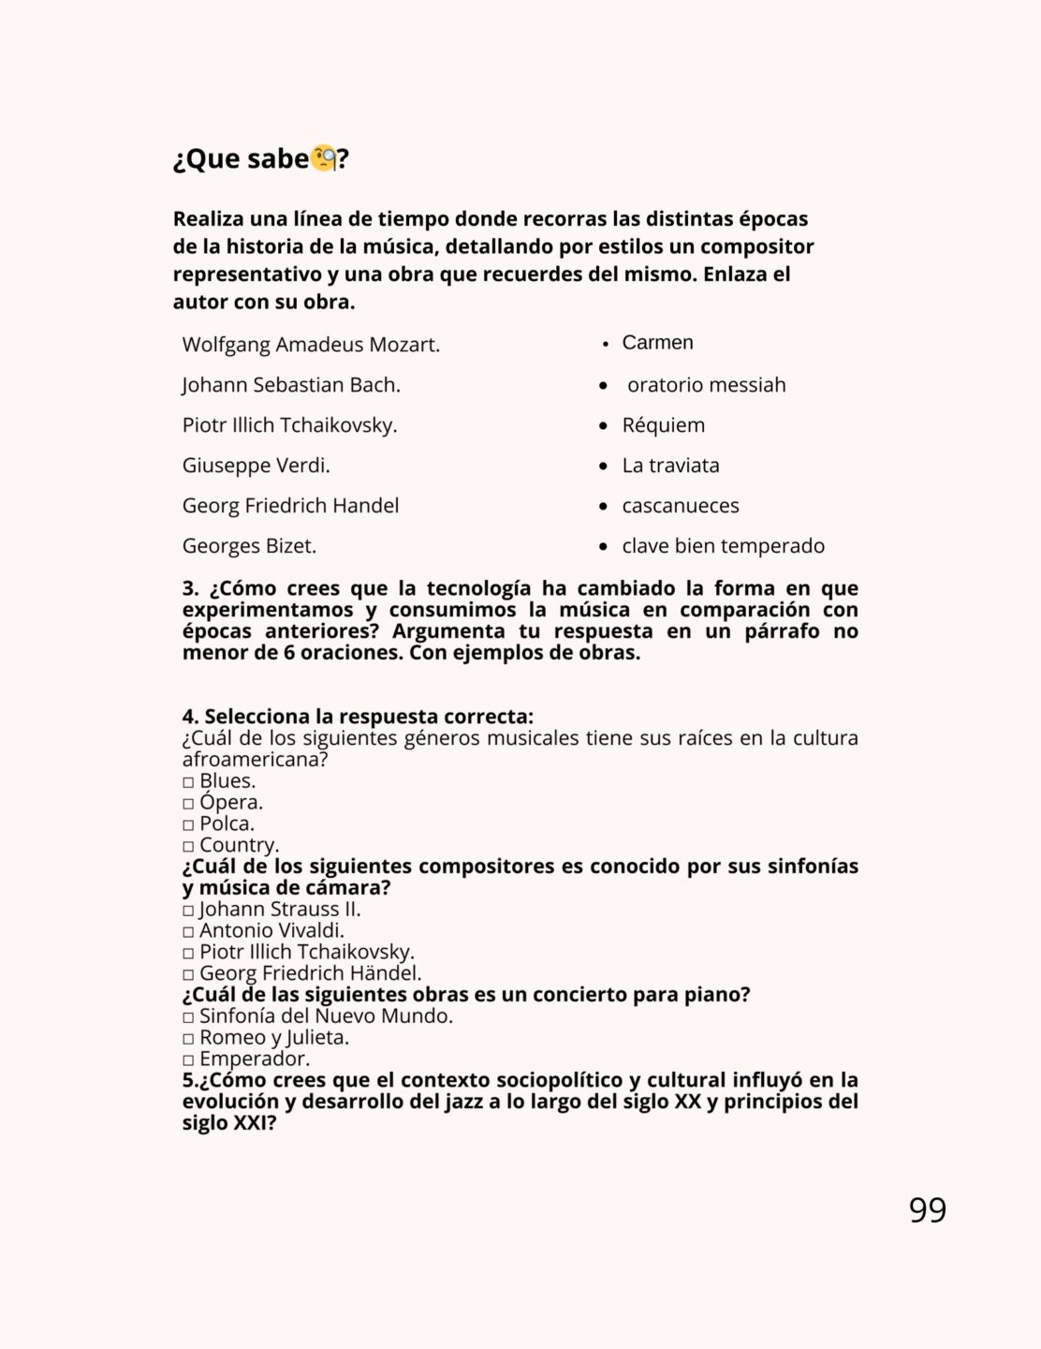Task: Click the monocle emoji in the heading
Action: point(323,158)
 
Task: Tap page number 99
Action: point(927,1209)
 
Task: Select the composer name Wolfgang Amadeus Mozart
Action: point(311,345)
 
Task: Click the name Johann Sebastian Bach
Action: point(291,385)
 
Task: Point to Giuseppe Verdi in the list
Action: point(256,466)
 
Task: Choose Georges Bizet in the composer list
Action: point(249,546)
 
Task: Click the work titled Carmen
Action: point(657,343)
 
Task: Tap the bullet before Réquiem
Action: point(604,426)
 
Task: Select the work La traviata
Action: point(670,466)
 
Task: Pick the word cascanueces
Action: point(681,506)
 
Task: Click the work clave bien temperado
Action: point(723,546)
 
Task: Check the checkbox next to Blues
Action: point(188,782)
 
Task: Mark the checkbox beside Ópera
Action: point(188,804)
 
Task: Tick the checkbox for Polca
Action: point(188,825)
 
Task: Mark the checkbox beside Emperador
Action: point(188,1060)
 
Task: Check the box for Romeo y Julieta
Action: point(188,1039)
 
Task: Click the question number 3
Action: point(191,588)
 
